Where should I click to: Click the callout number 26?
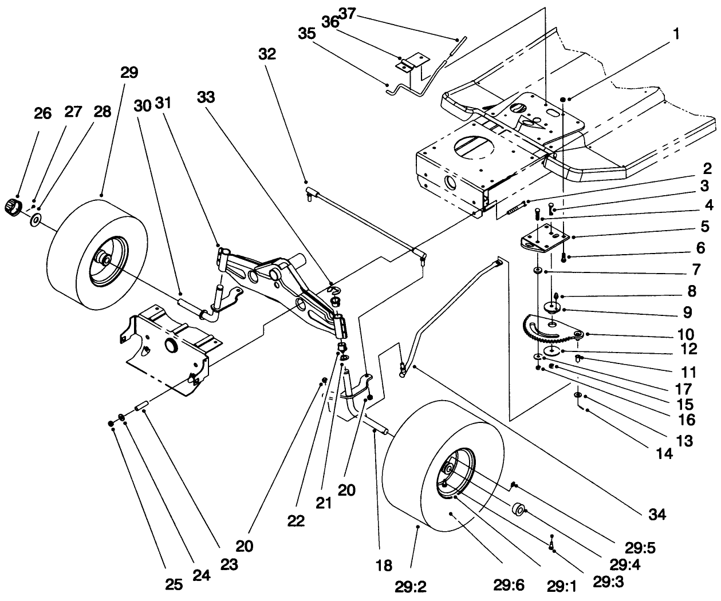42,113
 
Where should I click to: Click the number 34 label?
657,515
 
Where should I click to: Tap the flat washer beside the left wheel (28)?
38,219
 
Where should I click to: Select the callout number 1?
676,34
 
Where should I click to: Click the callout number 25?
174,584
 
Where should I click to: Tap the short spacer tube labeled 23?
141,408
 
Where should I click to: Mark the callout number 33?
207,97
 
